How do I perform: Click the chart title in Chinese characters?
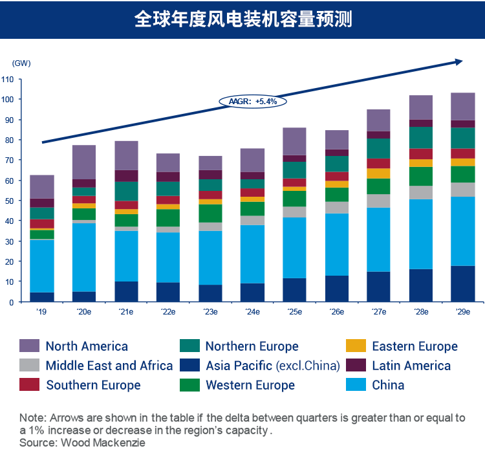pyautogui.click(x=242, y=19)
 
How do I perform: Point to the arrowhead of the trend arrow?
pyautogui.click(x=460, y=61)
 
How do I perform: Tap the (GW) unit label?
pyautogui.click(x=21, y=63)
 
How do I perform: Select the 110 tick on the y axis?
pyautogui.click(x=8, y=79)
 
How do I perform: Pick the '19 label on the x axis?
pyautogui.click(x=41, y=312)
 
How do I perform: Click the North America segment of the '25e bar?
pyautogui.click(x=294, y=141)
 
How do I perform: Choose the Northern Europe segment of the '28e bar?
pyautogui.click(x=420, y=137)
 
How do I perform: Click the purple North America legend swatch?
pyautogui.click(x=29, y=346)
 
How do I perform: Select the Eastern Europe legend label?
pyautogui.click(x=415, y=346)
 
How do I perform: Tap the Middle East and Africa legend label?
pyautogui.click(x=109, y=366)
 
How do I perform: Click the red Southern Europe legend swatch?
pyautogui.click(x=29, y=385)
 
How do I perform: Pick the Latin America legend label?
pyautogui.click(x=411, y=366)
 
